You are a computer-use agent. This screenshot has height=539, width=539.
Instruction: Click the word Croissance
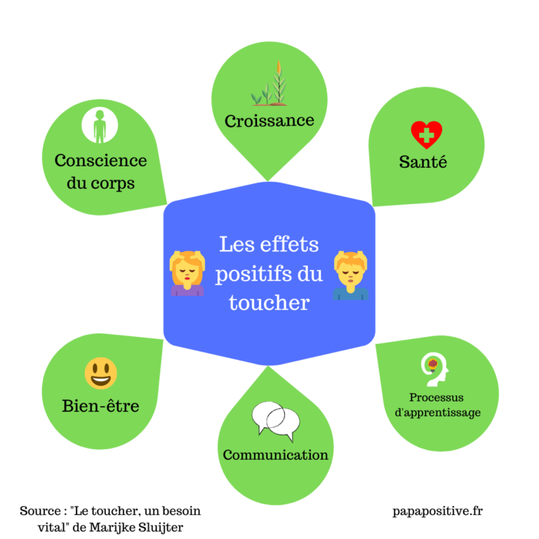point(269,121)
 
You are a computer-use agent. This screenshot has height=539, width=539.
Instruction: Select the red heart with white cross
point(426,133)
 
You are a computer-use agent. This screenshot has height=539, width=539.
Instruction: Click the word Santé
point(423,162)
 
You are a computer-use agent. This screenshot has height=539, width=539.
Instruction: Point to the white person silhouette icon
point(100,126)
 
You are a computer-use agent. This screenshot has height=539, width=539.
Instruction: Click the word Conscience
point(101,160)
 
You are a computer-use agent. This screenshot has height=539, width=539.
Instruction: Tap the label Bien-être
point(100,406)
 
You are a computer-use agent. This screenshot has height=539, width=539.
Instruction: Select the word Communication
point(275,455)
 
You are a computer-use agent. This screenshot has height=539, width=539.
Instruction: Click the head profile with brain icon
point(434,370)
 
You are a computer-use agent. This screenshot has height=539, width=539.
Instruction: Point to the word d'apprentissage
point(438,413)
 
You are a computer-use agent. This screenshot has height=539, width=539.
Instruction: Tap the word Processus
point(437,397)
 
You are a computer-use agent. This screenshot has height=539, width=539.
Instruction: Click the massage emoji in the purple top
point(187,274)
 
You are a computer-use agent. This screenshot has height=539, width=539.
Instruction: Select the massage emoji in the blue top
point(351,274)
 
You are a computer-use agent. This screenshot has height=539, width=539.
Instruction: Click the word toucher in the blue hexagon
point(269,302)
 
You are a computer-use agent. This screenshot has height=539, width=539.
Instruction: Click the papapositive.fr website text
point(438,511)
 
